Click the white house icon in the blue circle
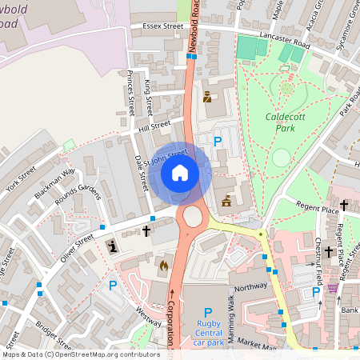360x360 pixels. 180,173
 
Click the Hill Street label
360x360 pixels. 154,126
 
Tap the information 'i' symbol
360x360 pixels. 111,246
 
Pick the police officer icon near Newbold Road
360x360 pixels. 207,97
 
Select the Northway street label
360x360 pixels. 250,286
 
